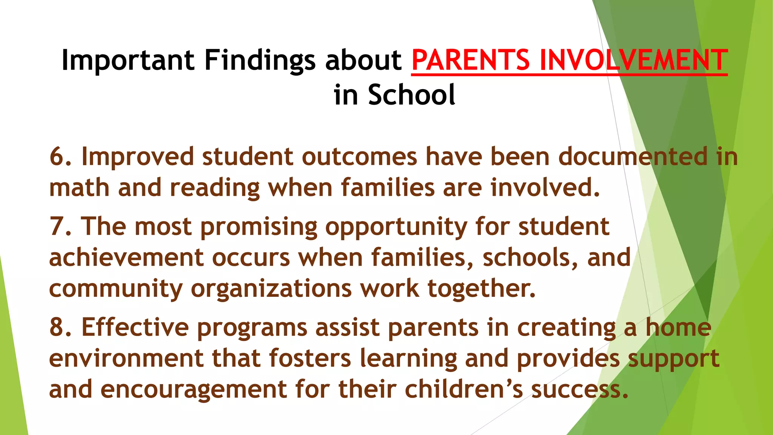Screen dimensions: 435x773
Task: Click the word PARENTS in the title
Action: [471, 60]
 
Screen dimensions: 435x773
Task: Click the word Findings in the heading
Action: [260, 60]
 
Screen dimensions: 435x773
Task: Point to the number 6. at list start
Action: [60, 157]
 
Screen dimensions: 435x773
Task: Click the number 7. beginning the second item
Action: [60, 227]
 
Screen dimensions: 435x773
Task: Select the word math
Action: [79, 188]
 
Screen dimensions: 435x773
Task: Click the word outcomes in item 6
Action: [359, 157]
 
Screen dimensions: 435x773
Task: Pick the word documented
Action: [633, 157]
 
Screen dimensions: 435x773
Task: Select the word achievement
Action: [126, 258]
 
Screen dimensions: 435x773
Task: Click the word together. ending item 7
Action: [481, 289]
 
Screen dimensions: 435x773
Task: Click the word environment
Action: [126, 358]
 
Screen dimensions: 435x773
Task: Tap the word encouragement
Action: [194, 389]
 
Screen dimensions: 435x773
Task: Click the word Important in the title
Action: [128, 60]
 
